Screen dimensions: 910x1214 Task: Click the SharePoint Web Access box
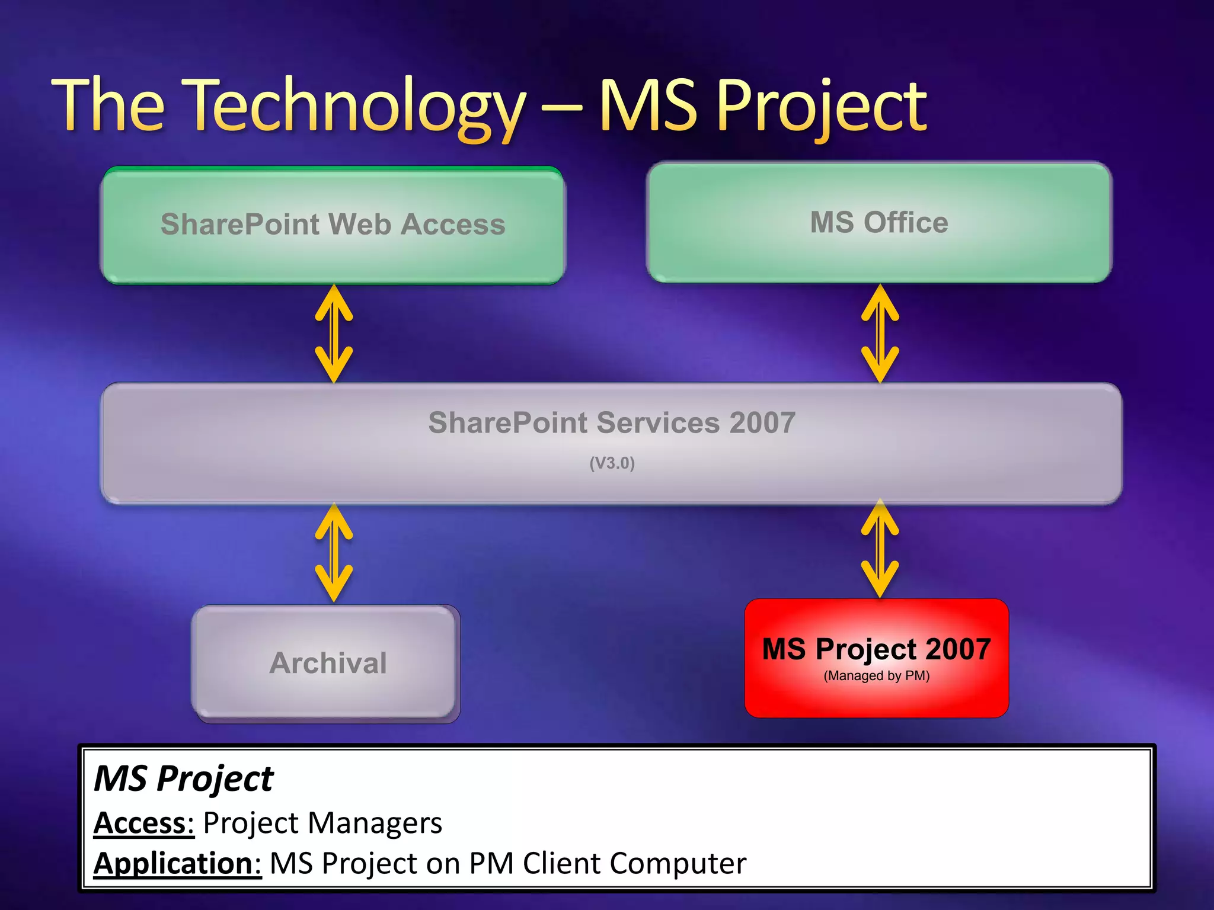pyautogui.click(x=333, y=225)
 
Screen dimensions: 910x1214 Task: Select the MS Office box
pyautogui.click(x=879, y=223)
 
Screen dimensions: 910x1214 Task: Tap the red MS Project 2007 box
pyautogui.click(x=876, y=658)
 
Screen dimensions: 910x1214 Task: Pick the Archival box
pyautogui.click(x=327, y=662)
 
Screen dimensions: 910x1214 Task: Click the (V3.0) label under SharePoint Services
pyautogui.click(x=612, y=463)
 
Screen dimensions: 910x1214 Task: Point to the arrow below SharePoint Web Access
pyautogui.click(x=334, y=334)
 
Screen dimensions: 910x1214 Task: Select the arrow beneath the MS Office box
pyautogui.click(x=880, y=334)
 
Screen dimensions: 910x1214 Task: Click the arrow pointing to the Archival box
pyautogui.click(x=334, y=552)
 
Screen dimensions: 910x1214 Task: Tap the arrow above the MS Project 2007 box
pyautogui.click(x=880, y=549)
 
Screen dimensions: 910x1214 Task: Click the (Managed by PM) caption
pyautogui.click(x=876, y=675)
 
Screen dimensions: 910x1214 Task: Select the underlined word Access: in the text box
pyautogui.click(x=144, y=823)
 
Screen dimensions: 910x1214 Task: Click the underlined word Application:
pyautogui.click(x=177, y=863)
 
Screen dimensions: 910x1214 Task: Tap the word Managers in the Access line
pyautogui.click(x=375, y=823)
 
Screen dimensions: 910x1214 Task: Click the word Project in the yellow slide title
pyautogui.click(x=822, y=107)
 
